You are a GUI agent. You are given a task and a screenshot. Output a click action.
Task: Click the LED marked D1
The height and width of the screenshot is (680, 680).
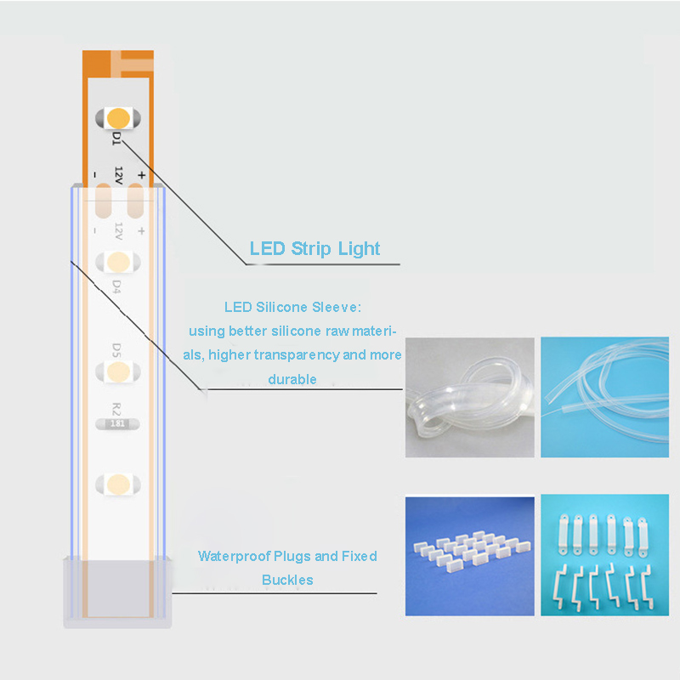(x=118, y=118)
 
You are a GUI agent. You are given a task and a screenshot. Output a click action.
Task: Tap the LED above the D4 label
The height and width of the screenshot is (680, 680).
(x=118, y=262)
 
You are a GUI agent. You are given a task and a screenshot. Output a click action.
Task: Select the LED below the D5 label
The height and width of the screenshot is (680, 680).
(x=118, y=371)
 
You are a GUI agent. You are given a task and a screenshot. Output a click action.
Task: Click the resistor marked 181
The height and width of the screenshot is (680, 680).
(x=117, y=423)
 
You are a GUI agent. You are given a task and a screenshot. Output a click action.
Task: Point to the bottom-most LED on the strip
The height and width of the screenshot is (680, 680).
(x=118, y=484)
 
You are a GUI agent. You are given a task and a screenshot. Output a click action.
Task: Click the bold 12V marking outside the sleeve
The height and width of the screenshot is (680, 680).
(x=118, y=175)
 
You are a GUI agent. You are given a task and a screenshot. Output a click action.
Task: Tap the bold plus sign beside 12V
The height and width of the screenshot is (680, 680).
(x=141, y=175)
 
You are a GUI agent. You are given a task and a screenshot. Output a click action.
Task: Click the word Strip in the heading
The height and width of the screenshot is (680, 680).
(x=310, y=249)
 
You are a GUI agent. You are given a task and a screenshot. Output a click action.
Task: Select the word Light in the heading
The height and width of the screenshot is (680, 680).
(x=359, y=248)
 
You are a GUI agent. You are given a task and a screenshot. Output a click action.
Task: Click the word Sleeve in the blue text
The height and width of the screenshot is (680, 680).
(x=337, y=307)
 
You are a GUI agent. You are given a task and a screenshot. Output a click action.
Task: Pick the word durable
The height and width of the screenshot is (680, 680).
(x=292, y=379)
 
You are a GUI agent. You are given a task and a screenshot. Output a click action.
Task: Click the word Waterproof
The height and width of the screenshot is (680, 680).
(x=235, y=557)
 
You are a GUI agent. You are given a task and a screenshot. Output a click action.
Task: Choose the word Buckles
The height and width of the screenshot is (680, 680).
(x=287, y=580)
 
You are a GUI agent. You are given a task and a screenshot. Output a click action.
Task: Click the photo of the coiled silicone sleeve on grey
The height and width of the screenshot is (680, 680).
(x=470, y=397)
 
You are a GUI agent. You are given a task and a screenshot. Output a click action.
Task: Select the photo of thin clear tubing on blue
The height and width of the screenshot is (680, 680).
(x=604, y=397)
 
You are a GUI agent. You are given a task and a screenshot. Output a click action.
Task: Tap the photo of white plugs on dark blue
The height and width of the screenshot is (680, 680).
(x=470, y=557)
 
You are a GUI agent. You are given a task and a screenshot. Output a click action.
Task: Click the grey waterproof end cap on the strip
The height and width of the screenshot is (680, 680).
(x=117, y=592)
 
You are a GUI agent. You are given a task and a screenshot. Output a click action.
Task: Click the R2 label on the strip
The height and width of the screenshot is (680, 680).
(x=116, y=409)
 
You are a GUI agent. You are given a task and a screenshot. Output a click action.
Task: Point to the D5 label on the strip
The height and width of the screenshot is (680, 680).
(x=116, y=350)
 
